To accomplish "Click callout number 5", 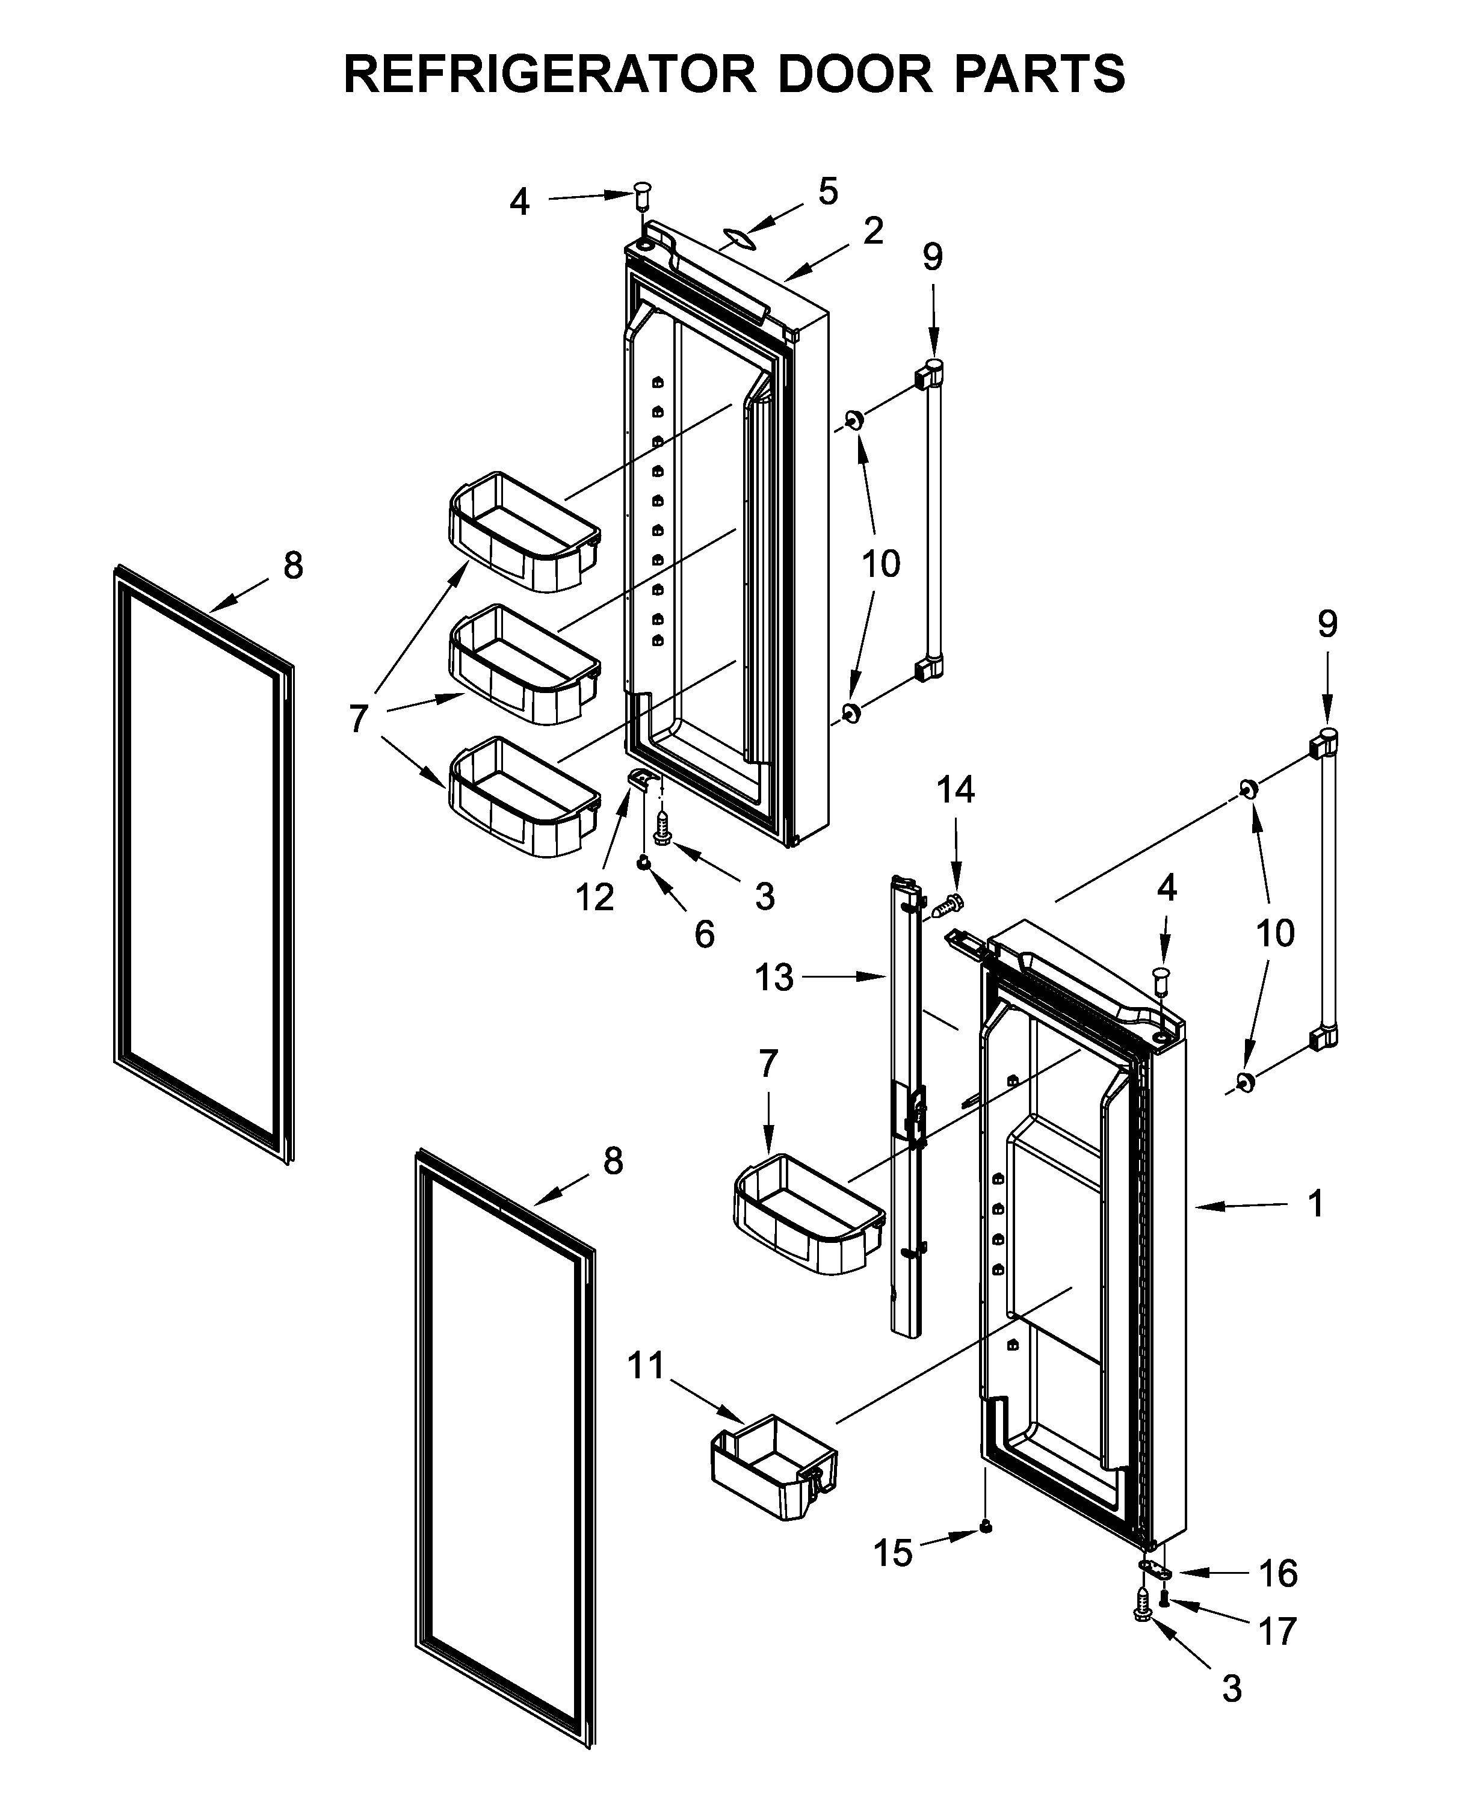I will [827, 192].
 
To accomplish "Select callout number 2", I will [872, 231].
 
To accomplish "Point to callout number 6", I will [704, 934].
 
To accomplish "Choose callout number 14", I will [956, 790].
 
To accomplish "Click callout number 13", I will [774, 978].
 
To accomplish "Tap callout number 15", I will [892, 1553].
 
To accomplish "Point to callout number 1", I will [1315, 1203].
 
